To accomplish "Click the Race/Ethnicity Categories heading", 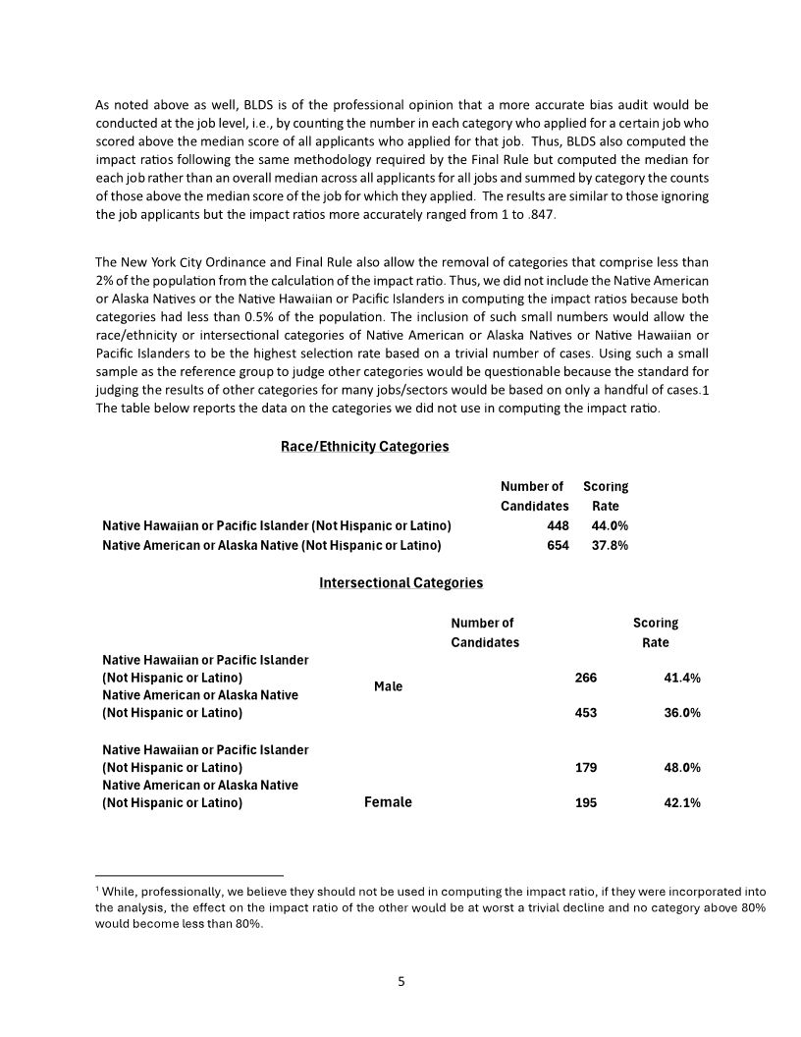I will (364, 447).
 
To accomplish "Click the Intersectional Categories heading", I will (400, 583).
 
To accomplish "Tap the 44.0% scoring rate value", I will (610, 525).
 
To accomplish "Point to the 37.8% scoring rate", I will (610, 545).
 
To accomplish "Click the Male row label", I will (389, 686).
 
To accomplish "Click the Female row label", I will (388, 802).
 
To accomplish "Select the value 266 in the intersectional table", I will (585, 679).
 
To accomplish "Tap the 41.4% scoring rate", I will (682, 679).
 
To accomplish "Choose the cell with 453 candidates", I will (585, 713).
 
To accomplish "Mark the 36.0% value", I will (682, 713).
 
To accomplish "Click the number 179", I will (585, 767).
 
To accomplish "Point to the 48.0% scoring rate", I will (682, 767).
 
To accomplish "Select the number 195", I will (585, 803).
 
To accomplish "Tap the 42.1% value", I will (682, 803).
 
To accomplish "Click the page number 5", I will (400, 981).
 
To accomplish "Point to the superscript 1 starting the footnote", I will (97, 887).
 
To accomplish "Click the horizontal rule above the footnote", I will (189, 874).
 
